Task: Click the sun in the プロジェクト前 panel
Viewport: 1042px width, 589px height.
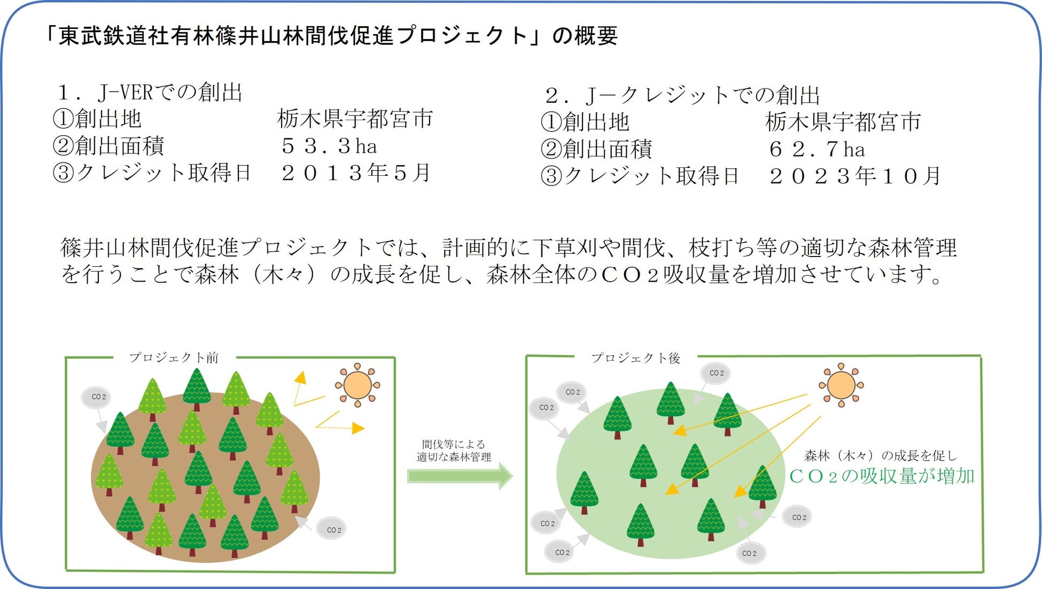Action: pyautogui.click(x=357, y=385)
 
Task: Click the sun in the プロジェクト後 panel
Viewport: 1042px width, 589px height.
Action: pyautogui.click(x=841, y=385)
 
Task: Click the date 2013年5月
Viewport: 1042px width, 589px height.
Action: pyautogui.click(x=356, y=173)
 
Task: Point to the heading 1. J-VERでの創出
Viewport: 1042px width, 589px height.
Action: pyautogui.click(x=150, y=92)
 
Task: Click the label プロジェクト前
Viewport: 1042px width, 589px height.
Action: pyautogui.click(x=174, y=358)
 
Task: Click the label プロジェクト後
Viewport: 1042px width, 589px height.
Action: pyautogui.click(x=636, y=358)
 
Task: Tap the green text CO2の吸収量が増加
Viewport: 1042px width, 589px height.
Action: pyautogui.click(x=882, y=476)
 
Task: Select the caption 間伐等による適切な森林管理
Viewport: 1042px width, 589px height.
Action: pyautogui.click(x=454, y=451)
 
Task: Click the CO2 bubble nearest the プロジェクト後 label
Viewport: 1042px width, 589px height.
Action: pyautogui.click(x=717, y=373)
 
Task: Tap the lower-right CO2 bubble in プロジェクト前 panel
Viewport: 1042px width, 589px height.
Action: pyautogui.click(x=333, y=530)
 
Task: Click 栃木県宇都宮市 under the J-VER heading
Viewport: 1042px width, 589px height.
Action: pyautogui.click(x=355, y=119)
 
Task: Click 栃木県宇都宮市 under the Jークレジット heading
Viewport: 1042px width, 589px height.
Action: pyautogui.click(x=843, y=122)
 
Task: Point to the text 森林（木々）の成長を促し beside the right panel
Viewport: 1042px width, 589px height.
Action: pyautogui.click(x=881, y=455)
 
